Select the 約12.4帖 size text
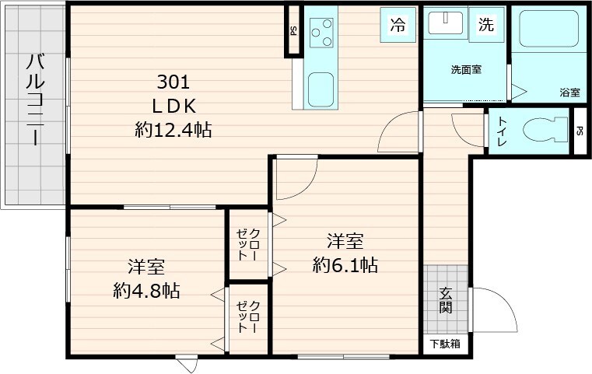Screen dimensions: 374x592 (173, 130)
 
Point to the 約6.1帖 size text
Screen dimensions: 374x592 (345, 265)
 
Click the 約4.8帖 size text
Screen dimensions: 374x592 (146, 291)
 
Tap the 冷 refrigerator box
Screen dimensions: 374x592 (398, 25)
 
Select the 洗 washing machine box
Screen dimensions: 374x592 (486, 25)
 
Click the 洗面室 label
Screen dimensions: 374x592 (466, 69)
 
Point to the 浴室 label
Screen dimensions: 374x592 (569, 92)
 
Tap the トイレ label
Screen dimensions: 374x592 (502, 131)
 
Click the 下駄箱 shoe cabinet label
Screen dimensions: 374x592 (446, 343)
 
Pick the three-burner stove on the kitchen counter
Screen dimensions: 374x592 (321, 33)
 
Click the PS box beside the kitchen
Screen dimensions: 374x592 (293, 31)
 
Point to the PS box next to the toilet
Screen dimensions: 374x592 (580, 131)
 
